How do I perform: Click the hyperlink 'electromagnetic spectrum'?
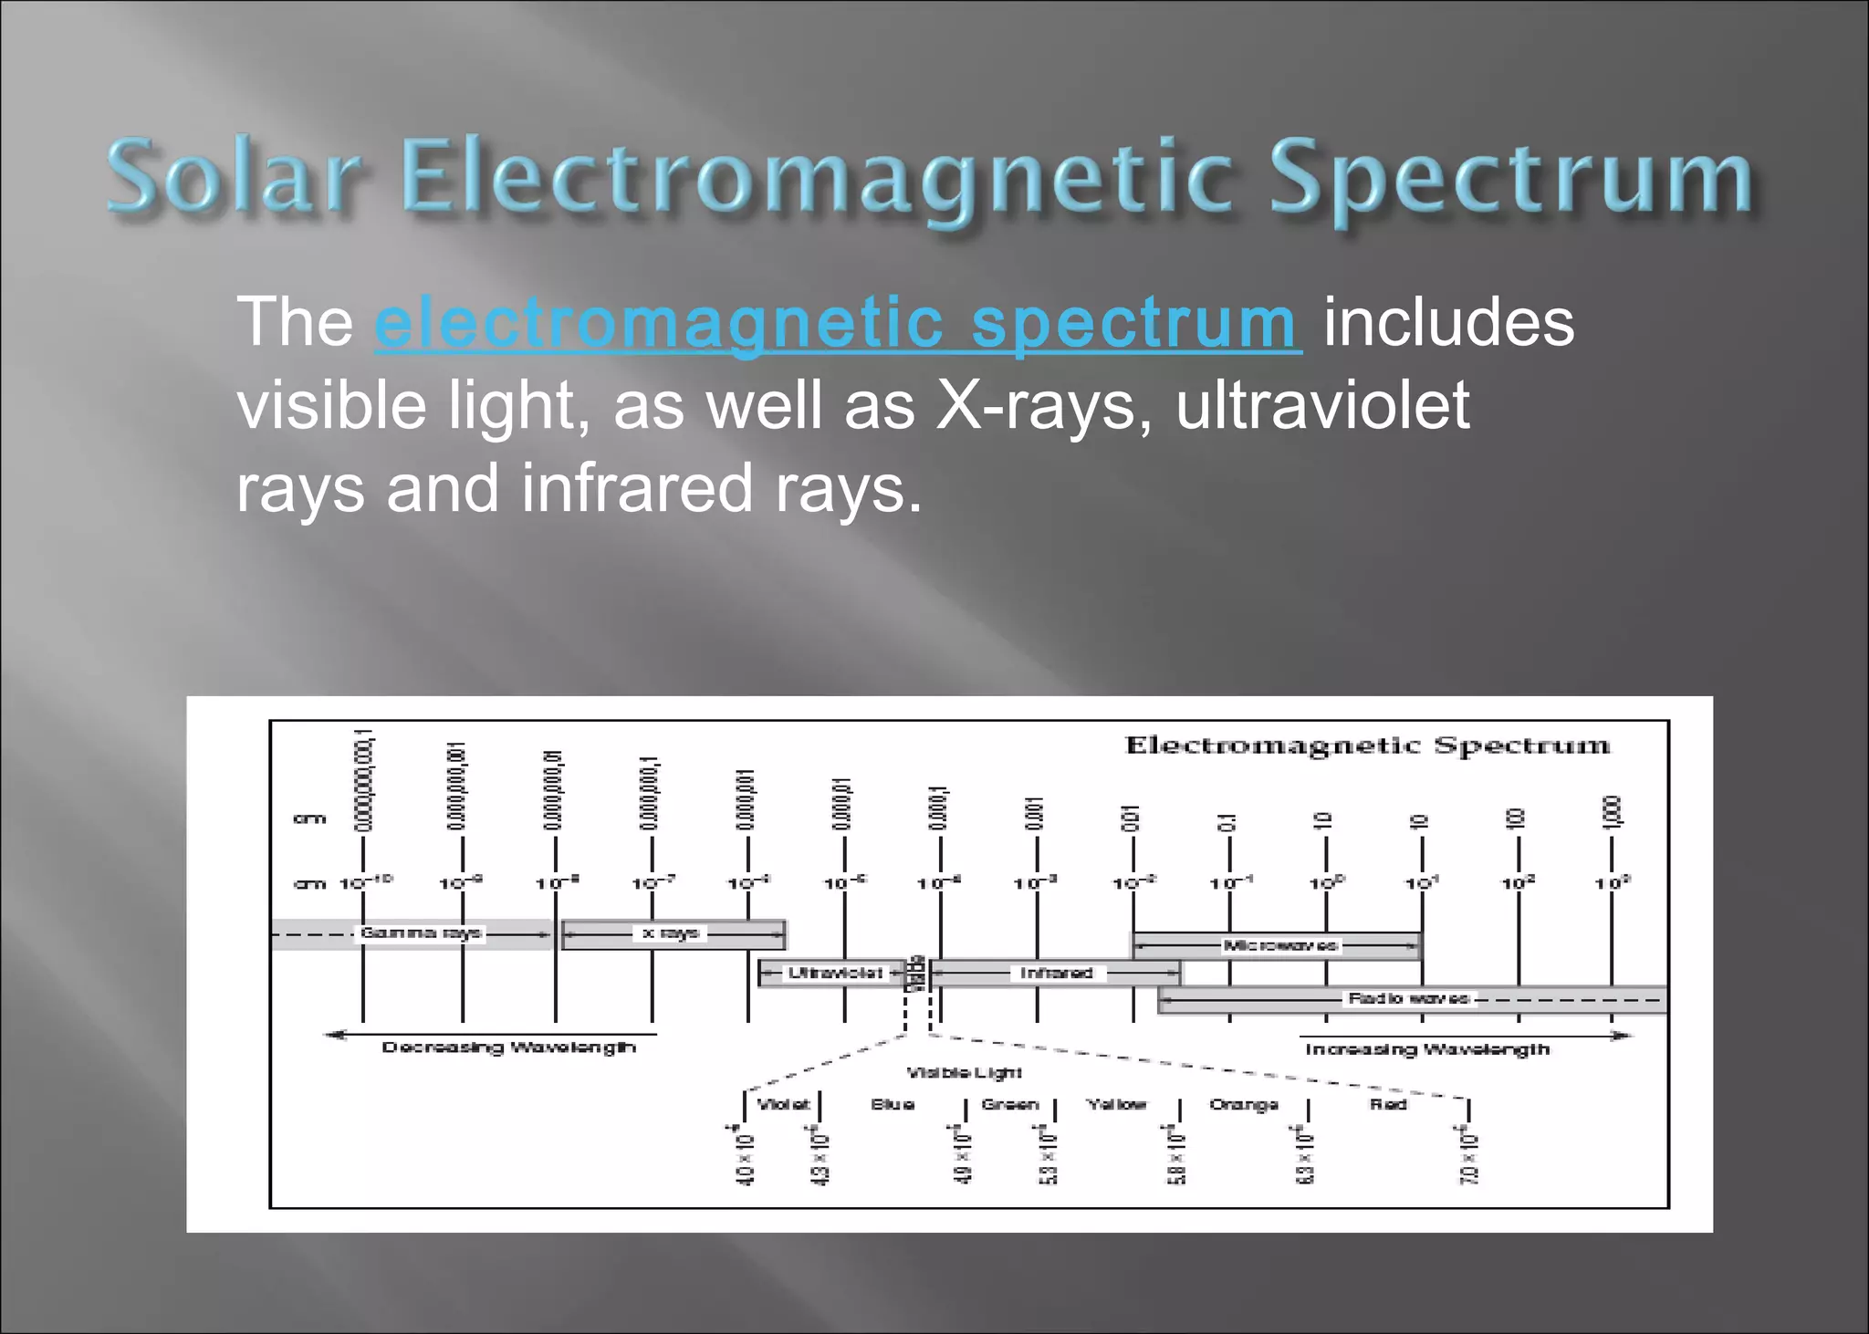[x=837, y=323]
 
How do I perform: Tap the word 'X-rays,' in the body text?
[x=1044, y=405]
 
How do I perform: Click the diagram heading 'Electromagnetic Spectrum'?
[x=1367, y=745]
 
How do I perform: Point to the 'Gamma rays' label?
[x=421, y=933]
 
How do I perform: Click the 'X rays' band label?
[x=671, y=933]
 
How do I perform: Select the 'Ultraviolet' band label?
[x=835, y=973]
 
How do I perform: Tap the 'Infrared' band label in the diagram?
[x=1056, y=973]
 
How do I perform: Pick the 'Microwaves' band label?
[x=1279, y=945]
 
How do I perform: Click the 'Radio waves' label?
[x=1408, y=998]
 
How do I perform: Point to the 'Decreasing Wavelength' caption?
[x=508, y=1047]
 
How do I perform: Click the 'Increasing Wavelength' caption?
[x=1426, y=1049]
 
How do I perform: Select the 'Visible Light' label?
[x=964, y=1073]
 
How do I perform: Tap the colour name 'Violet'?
[x=783, y=1104]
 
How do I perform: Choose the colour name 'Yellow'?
[x=1116, y=1104]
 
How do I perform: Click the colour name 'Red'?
[x=1387, y=1104]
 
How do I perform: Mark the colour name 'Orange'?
[x=1243, y=1105]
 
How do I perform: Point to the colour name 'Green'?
[x=1009, y=1104]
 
